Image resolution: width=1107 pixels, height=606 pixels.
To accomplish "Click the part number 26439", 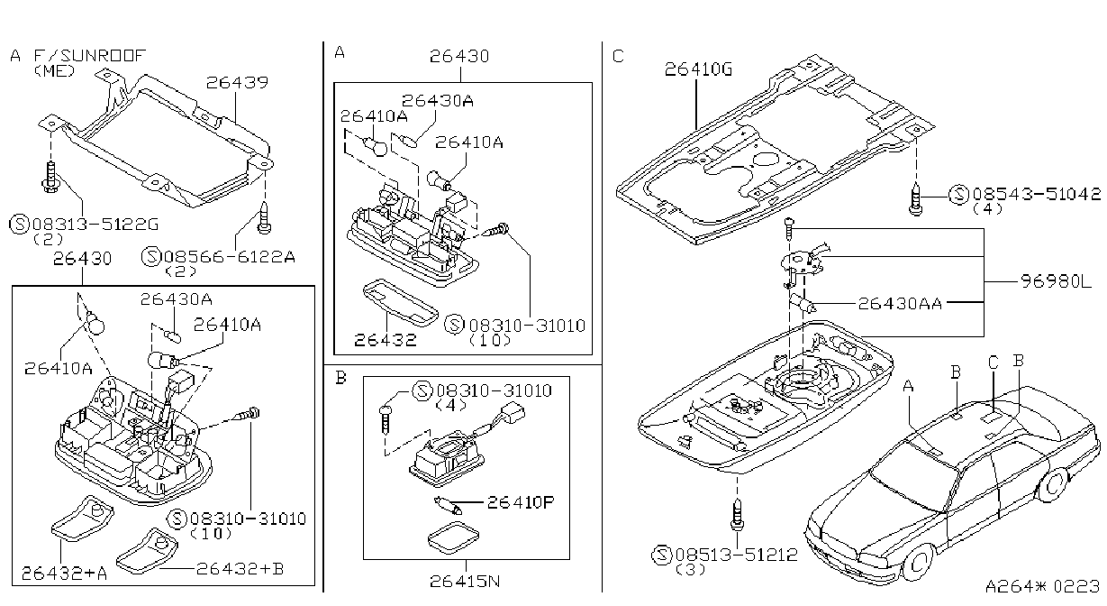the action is point(237,82).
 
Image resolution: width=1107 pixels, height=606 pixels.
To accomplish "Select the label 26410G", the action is point(698,69).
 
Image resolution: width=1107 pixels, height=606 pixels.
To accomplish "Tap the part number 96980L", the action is point(1056,281).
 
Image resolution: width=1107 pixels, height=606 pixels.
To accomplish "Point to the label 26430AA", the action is point(900,303).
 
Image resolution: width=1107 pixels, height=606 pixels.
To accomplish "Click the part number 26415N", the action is point(465,581).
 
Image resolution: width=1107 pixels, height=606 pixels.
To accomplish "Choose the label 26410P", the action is point(521,502).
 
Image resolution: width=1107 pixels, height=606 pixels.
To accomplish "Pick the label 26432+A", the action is point(64,573).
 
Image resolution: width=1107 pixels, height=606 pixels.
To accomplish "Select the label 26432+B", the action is point(240,569).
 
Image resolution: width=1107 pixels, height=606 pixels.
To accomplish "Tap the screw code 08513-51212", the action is point(737,555).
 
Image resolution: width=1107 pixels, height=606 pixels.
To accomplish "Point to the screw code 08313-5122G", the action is point(95,225).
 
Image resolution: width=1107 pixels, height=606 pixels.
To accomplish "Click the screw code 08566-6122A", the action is point(230,256).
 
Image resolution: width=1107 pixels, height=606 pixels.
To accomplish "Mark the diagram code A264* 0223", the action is point(1043,586).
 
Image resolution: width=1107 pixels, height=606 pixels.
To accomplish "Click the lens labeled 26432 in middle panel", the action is point(401,303).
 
